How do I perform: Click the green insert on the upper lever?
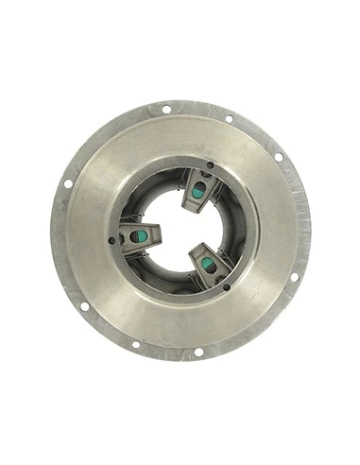point(198,191)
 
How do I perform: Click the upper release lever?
point(199,185)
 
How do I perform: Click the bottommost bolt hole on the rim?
point(197,352)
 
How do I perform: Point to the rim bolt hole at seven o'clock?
point(135,344)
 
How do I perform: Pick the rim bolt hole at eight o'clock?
point(84,305)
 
